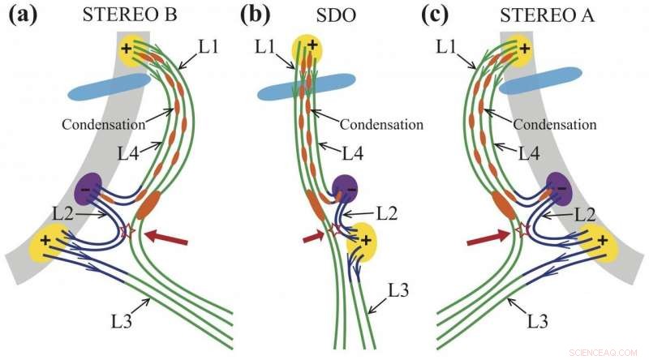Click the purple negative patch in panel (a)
tap(89, 191)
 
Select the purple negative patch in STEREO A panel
tap(559, 191)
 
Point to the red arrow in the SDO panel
tap(313, 236)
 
